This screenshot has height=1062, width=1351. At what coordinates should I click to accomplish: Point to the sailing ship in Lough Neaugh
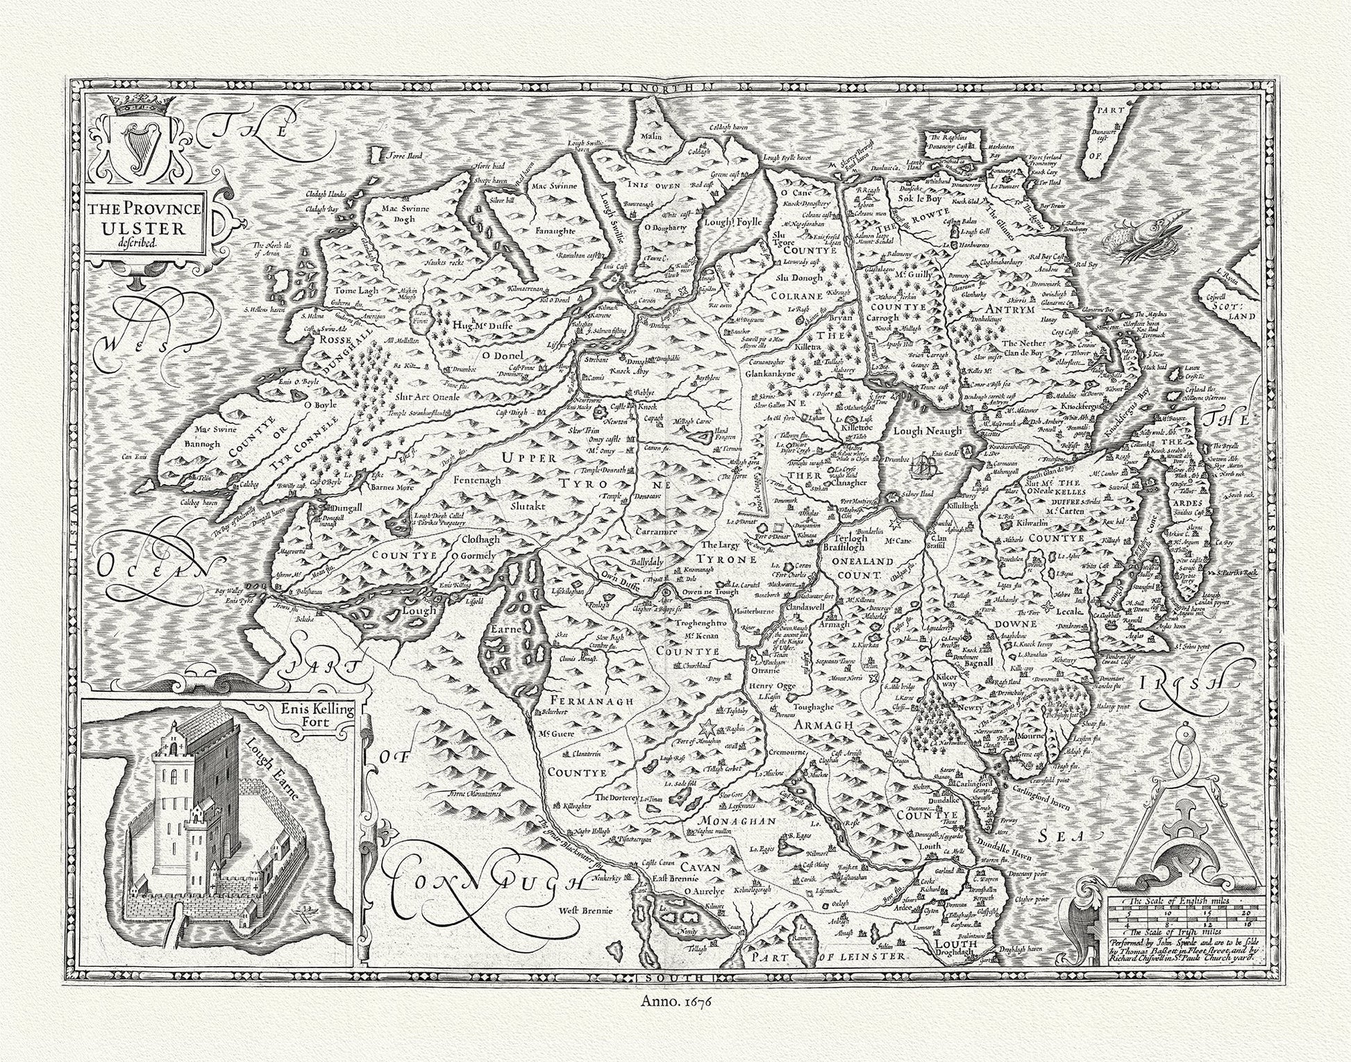pyautogui.click(x=923, y=465)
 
